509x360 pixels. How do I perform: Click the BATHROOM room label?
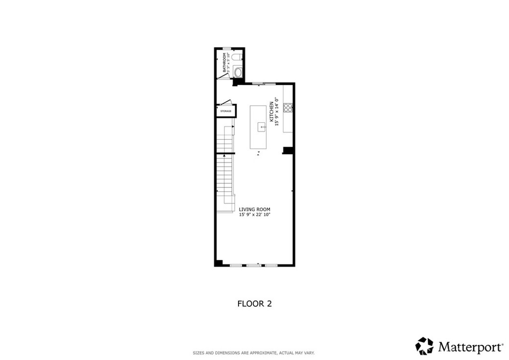224,63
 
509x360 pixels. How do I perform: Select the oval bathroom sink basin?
238,72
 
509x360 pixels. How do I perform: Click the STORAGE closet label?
226,111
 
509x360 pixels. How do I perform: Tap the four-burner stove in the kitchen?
288,107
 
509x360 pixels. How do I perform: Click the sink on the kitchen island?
261,127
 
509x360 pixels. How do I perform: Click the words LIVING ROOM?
254,209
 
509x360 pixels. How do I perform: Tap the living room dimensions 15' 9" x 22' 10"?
254,215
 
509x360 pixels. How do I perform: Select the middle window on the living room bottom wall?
254,265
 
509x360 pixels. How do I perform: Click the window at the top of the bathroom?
226,48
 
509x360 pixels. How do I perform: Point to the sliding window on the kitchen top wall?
258,84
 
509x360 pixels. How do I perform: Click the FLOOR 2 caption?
254,303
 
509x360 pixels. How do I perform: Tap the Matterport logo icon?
424,346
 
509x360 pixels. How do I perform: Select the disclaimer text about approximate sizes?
254,353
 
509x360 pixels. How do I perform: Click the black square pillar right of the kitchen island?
287,150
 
